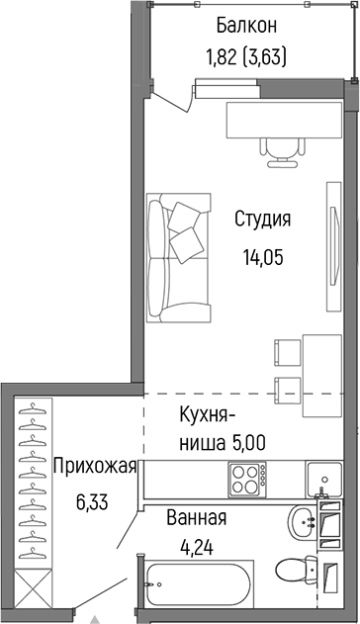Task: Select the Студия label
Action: tap(262, 219)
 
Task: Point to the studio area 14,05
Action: tap(262, 257)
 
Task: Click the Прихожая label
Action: tap(95, 465)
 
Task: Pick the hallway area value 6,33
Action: tap(92, 500)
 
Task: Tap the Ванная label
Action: tap(197, 518)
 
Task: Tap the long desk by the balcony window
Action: tap(281, 121)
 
